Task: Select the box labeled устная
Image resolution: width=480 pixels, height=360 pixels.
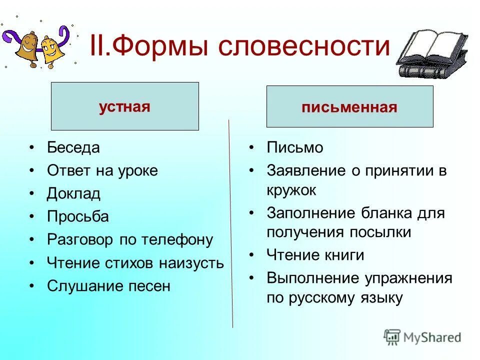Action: (124, 106)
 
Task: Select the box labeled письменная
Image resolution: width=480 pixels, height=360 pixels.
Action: (349, 107)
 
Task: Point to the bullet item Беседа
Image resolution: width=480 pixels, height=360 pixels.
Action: (73, 147)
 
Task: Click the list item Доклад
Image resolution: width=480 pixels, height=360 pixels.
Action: (73, 193)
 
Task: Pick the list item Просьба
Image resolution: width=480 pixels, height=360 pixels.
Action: (77, 216)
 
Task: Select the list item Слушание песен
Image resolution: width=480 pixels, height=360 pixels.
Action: (108, 286)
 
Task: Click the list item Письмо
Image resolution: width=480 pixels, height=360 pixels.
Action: (295, 147)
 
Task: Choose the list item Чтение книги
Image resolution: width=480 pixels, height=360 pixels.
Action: (315, 255)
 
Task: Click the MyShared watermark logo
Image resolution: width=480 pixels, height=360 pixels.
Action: (422, 337)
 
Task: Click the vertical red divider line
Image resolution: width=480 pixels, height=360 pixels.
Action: (230, 225)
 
